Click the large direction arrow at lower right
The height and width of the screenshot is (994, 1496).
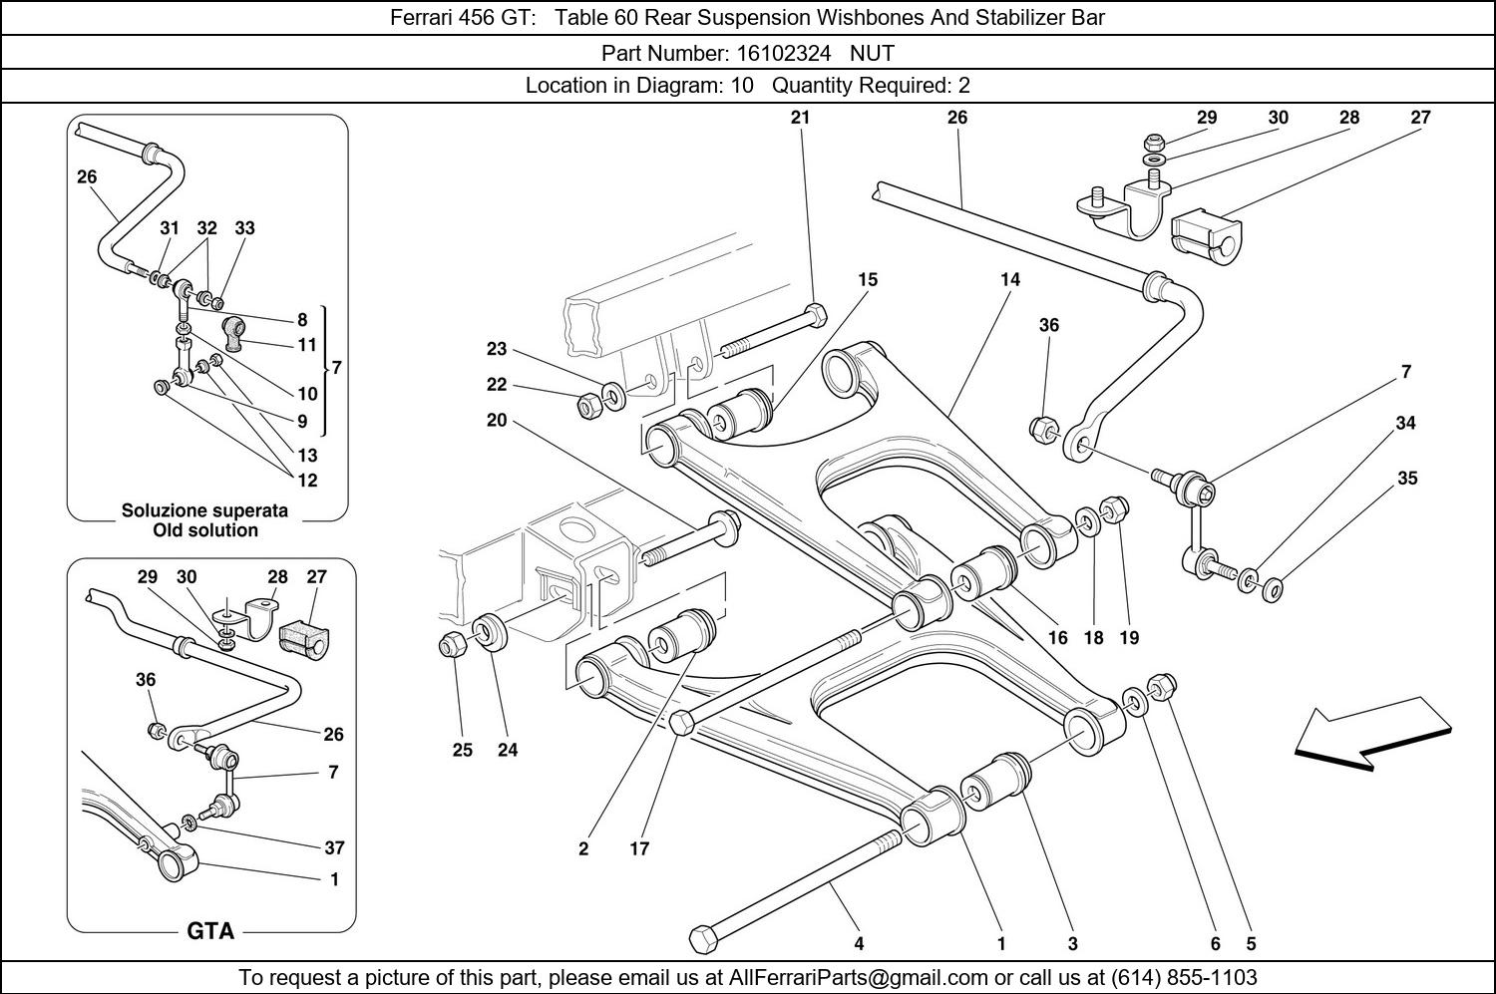pos(1371,739)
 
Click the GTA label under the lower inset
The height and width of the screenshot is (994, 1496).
pos(210,931)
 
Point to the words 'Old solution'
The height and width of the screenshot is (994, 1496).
pos(204,530)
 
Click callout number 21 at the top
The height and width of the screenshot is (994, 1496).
pos(800,118)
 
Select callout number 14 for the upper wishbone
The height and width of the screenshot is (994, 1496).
pos(1010,280)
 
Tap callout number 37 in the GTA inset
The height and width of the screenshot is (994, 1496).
pos(334,847)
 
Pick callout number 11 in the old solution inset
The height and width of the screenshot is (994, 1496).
pos(307,345)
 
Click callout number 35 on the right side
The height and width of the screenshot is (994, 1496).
pos(1406,479)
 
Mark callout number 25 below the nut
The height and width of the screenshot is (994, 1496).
pos(462,750)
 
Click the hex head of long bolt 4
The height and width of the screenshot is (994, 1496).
pos(703,937)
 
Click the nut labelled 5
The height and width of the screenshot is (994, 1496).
pos(1163,687)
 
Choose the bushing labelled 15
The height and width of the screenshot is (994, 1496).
pos(739,412)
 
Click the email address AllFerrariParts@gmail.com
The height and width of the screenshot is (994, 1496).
pos(859,977)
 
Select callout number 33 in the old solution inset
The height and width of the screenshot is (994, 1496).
pos(244,228)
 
